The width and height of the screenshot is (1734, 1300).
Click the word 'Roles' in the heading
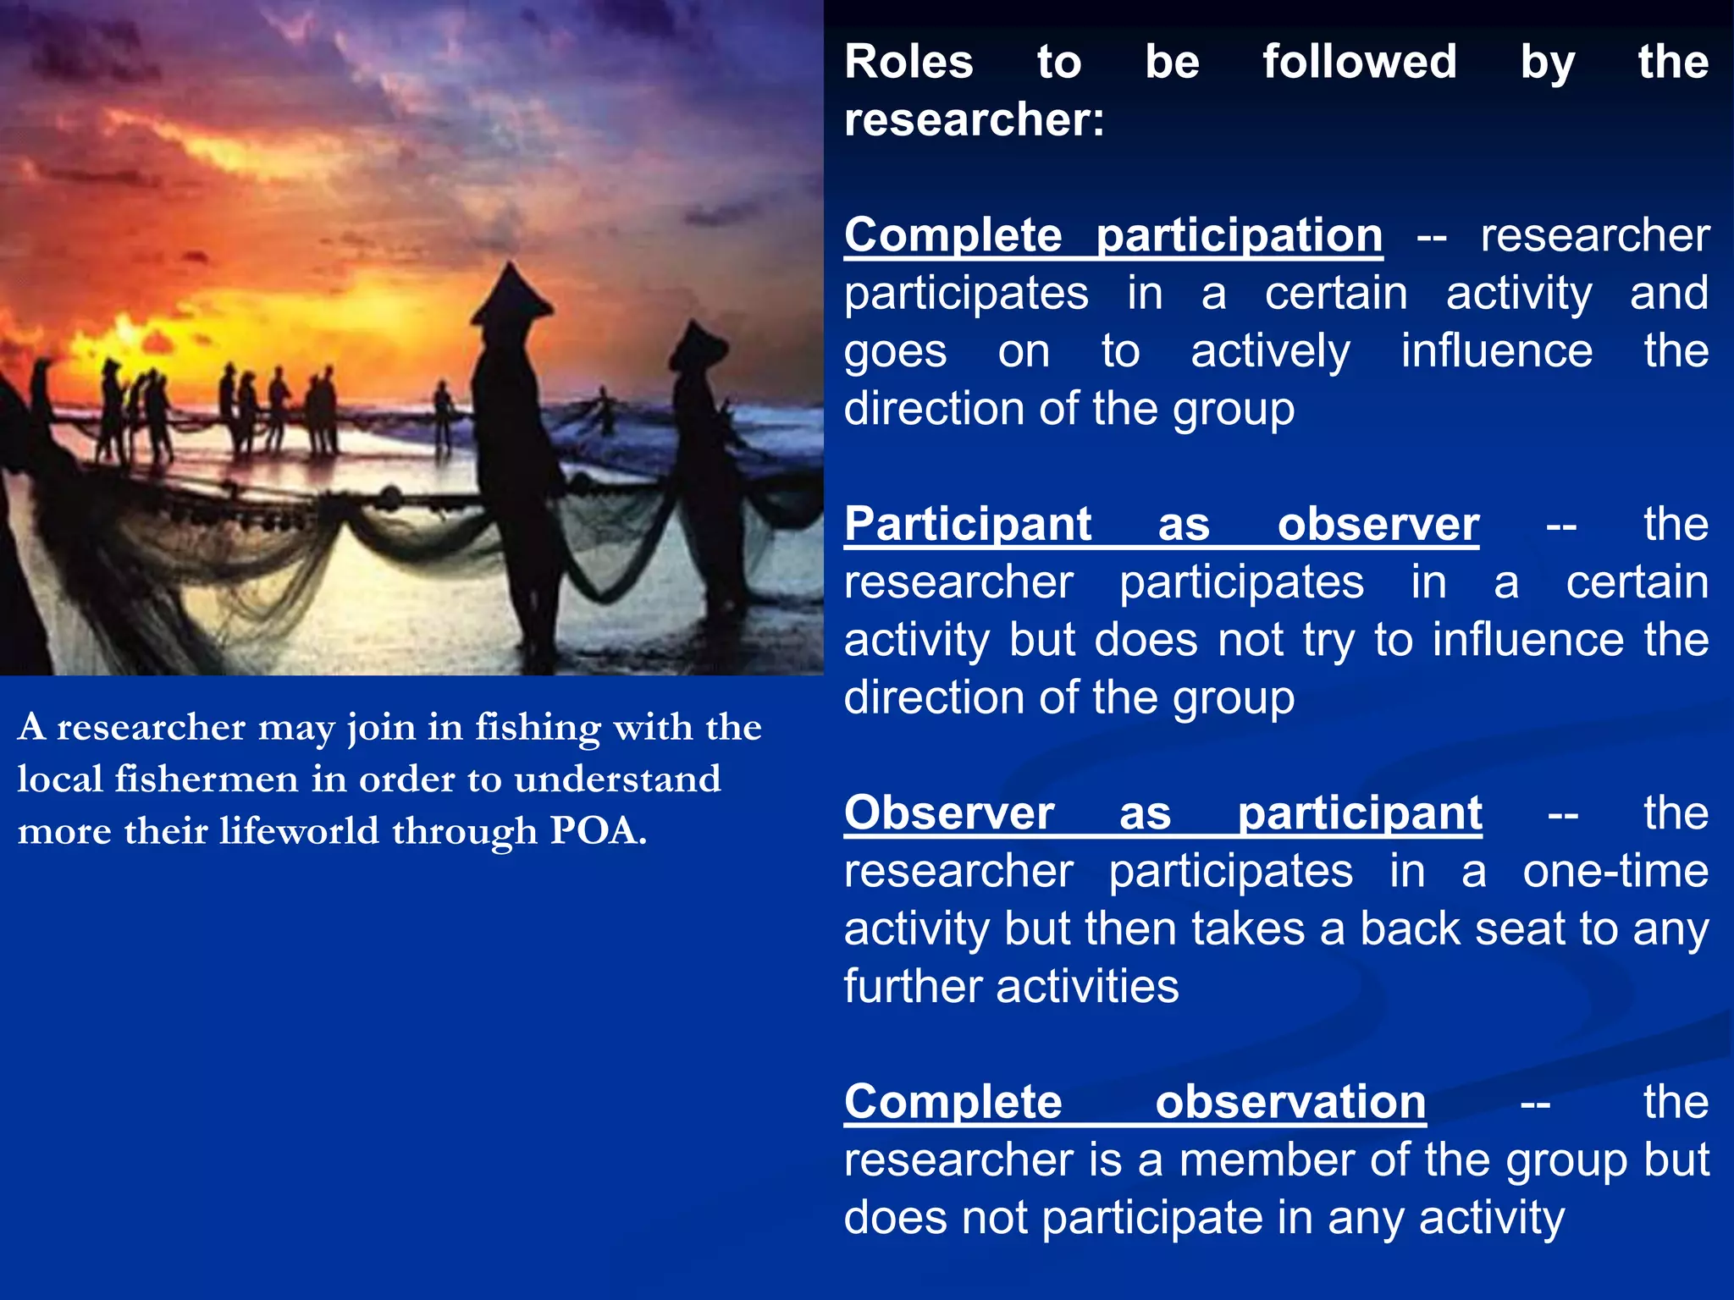point(908,62)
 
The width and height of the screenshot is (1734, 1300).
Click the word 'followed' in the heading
point(1359,62)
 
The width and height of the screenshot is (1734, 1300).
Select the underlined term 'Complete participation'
point(1113,234)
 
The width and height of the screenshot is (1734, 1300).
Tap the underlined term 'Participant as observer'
point(1161,524)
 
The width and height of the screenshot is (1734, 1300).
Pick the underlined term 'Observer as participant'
point(1162,813)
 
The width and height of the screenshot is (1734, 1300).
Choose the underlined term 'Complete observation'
point(1135,1102)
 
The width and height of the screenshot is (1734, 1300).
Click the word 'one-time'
point(1615,871)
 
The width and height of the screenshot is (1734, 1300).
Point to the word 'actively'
point(1270,351)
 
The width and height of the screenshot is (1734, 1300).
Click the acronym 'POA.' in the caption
point(598,830)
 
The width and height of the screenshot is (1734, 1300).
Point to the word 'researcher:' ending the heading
point(974,119)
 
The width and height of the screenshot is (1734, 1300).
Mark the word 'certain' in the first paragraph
point(1335,294)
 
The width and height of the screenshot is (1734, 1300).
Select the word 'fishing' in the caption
point(538,727)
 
